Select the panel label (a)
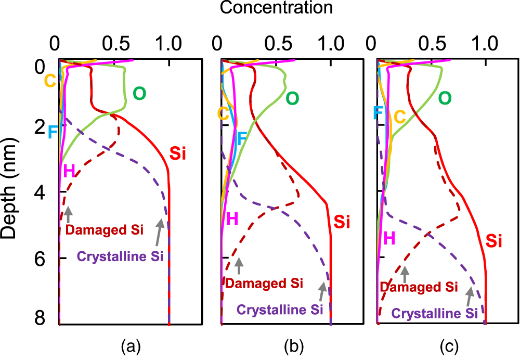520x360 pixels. (x=131, y=345)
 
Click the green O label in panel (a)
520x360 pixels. (x=139, y=94)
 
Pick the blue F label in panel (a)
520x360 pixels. (x=53, y=132)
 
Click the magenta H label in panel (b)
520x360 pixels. (x=232, y=219)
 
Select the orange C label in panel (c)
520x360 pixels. (x=399, y=117)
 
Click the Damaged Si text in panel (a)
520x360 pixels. (x=105, y=230)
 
